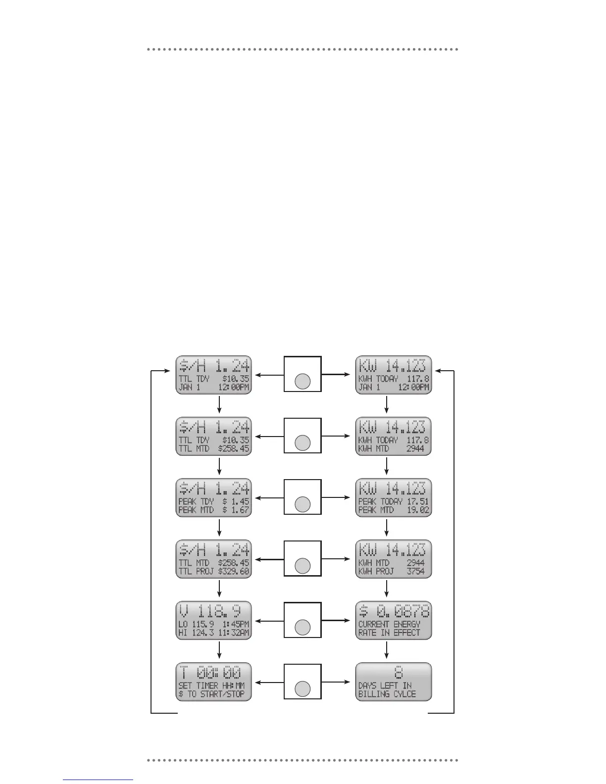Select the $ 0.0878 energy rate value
click(394, 612)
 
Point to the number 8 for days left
click(399, 673)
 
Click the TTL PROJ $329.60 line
click(213, 571)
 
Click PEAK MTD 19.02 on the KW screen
click(394, 510)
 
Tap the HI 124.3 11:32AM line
click(213, 633)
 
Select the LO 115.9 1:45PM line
click(213, 624)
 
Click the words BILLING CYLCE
click(387, 694)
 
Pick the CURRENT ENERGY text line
click(389, 624)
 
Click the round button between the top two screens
click(303, 382)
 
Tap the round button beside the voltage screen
click(303, 628)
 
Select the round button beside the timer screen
click(303, 689)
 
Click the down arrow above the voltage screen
click(219, 589)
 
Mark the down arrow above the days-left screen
click(386, 650)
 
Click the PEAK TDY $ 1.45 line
click(213, 501)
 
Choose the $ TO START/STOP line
click(211, 694)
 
